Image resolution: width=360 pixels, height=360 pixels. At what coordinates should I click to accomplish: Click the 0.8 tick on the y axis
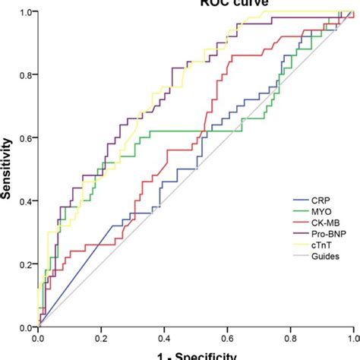pyautogui.click(x=25, y=75)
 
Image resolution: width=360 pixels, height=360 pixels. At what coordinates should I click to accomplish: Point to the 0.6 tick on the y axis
pyautogui.click(x=25, y=138)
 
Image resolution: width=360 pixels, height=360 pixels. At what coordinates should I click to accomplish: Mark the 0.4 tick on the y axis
pyautogui.click(x=25, y=201)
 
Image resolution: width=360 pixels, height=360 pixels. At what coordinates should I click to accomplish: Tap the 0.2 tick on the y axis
pyautogui.click(x=25, y=264)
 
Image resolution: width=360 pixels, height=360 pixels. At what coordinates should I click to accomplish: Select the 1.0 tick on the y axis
pyautogui.click(x=25, y=13)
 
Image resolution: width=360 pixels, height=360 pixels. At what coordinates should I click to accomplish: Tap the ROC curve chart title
pyautogui.click(x=195, y=3)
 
